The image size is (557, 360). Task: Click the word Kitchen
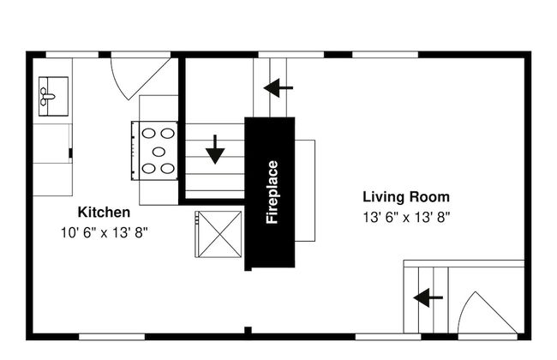[104, 213]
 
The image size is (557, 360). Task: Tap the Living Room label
[406, 196]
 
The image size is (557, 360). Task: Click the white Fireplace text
[273, 192]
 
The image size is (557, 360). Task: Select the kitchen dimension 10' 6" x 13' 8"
[104, 233]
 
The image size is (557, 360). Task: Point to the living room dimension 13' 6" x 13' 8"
[406, 217]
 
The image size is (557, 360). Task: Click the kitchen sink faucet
[47, 96]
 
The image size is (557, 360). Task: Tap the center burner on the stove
[159, 152]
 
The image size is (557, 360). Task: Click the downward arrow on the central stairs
[215, 149]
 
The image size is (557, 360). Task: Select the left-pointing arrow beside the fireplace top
[278, 87]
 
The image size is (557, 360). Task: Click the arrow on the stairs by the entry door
[428, 297]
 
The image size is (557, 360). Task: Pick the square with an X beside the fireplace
[219, 234]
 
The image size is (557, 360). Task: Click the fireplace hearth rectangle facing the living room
[305, 190]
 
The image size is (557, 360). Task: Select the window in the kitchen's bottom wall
[111, 337]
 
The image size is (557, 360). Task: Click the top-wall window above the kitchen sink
[72, 55]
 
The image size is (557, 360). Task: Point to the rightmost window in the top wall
[385, 55]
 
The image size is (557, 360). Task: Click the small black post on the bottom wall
[248, 331]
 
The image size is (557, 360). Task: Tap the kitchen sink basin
[53, 96]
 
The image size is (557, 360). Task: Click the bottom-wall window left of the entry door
[388, 337]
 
